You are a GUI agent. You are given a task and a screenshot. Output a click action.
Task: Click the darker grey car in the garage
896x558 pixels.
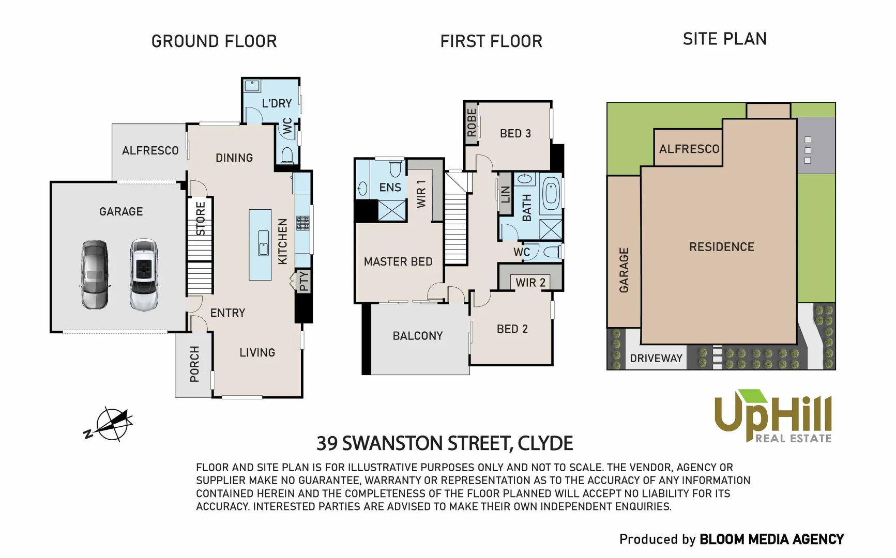coord(95,274)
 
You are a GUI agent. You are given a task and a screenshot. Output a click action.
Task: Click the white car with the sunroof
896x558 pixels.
coord(144,274)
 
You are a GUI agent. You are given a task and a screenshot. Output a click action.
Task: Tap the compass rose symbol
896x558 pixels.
coord(112,424)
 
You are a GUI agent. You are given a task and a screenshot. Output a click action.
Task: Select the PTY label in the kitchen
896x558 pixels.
coord(304,281)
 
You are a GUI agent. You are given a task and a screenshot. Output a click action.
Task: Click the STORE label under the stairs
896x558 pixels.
coord(201,219)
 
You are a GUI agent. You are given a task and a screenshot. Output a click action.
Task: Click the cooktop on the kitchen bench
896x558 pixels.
coord(302,223)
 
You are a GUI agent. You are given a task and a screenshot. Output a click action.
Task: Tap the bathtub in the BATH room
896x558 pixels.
coord(551,194)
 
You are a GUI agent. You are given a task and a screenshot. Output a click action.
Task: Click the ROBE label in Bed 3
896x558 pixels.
coord(471,122)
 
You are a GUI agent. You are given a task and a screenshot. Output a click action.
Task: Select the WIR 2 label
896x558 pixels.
coord(530,283)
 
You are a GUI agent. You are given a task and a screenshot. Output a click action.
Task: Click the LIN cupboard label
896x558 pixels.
coord(506,194)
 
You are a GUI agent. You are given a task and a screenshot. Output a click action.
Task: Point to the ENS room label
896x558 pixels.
coord(390,188)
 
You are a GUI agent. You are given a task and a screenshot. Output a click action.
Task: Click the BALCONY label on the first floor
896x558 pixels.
coord(418,336)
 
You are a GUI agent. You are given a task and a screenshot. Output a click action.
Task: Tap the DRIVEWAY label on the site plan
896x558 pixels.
coord(656,358)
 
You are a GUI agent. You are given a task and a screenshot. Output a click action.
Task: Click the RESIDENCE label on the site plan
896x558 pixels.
coord(721,247)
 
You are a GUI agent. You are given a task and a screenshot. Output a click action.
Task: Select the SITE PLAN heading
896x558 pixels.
coord(724,39)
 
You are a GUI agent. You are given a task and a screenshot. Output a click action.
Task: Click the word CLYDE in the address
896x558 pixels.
coord(545,443)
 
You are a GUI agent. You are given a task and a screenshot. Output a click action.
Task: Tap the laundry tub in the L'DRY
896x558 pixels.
coord(252,86)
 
